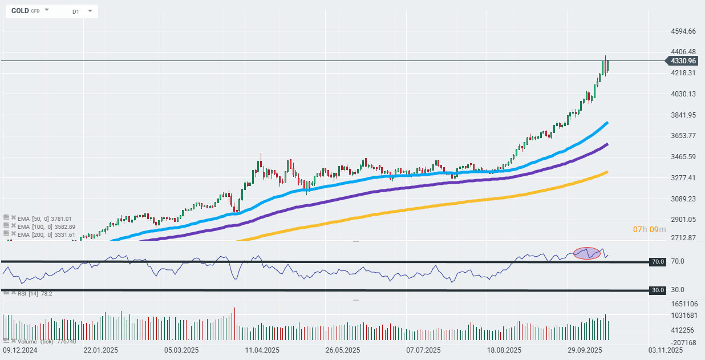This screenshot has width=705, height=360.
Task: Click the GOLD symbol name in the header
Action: [20, 11]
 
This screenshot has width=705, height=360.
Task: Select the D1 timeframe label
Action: [76, 11]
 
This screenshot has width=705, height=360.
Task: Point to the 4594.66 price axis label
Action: [683, 31]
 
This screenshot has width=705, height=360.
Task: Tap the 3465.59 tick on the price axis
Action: [683, 157]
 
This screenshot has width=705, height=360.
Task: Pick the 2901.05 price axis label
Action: [683, 220]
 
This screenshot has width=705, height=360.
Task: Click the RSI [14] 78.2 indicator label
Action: [35, 293]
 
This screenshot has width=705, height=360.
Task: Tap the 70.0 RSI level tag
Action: [658, 261]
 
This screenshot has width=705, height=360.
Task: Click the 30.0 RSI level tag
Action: [658, 290]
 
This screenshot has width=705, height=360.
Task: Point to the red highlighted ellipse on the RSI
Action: [587, 253]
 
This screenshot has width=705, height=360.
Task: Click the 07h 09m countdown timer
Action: [649, 229]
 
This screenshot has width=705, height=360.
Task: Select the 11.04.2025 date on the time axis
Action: [262, 350]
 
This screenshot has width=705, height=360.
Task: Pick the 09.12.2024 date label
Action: [20, 350]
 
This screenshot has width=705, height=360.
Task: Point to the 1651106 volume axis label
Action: [684, 304]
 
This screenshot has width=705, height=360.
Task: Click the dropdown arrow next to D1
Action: [90, 11]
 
